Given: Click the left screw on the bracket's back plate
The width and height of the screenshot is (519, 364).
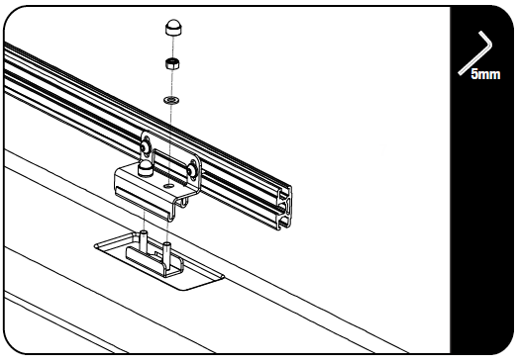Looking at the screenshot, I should point(147,148).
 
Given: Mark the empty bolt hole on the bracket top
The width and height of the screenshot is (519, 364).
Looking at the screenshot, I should point(169,184).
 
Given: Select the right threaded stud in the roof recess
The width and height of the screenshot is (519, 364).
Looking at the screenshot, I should point(167,247).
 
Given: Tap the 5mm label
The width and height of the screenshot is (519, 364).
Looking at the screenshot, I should point(484,74).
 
